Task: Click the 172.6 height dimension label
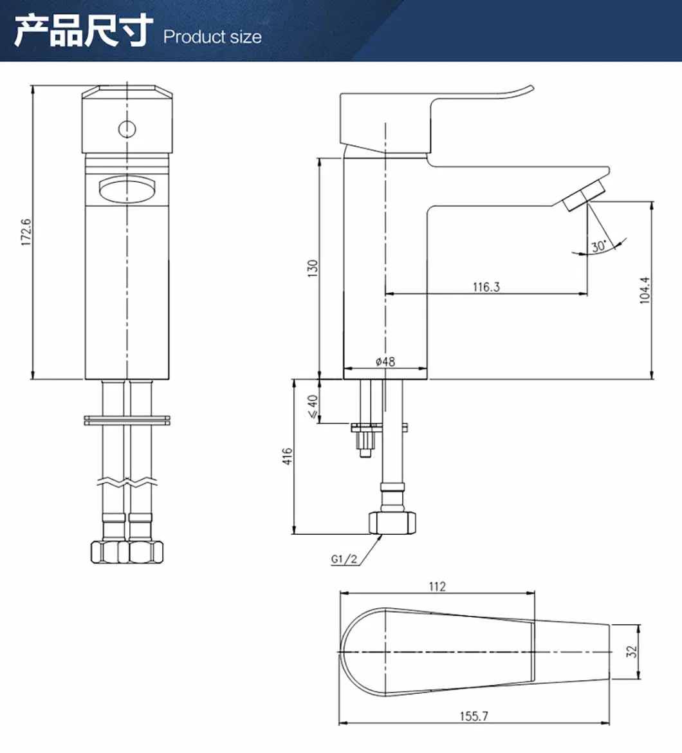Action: tap(26, 232)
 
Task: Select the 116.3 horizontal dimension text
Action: tap(486, 286)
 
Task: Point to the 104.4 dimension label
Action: tap(645, 291)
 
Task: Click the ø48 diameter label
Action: tap(385, 362)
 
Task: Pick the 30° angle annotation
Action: tap(599, 246)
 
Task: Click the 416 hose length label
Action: tap(288, 456)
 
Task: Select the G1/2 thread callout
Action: tap(344, 559)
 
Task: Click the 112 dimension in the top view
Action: tap(437, 586)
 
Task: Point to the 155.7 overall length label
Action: tap(474, 716)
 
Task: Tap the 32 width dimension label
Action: tap(632, 651)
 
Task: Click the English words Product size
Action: tap(212, 37)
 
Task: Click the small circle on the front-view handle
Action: tap(127, 129)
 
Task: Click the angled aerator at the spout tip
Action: tap(584, 197)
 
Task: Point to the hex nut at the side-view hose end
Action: tap(393, 523)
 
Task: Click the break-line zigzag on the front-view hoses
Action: tap(127, 481)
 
